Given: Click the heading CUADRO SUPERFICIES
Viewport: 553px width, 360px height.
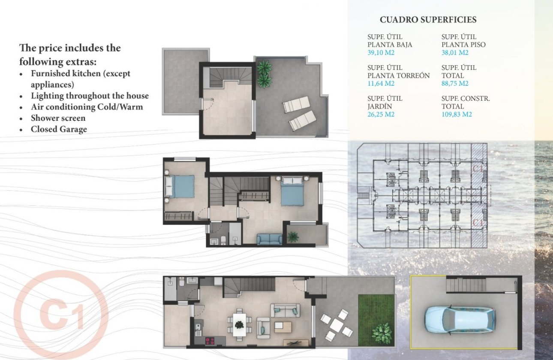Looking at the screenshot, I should pyautogui.click(x=428, y=20).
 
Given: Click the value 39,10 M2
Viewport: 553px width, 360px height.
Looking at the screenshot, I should pyautogui.click(x=381, y=53).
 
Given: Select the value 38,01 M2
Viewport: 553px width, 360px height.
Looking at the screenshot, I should pyautogui.click(x=455, y=53).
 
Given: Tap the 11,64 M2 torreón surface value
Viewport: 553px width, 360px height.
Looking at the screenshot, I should pyautogui.click(x=381, y=84).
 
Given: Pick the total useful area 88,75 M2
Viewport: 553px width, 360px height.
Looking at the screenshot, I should pyautogui.click(x=455, y=84).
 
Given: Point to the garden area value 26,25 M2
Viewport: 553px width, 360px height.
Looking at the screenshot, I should pyautogui.click(x=381, y=114).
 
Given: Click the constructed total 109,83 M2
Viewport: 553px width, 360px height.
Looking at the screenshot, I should pyautogui.click(x=457, y=114).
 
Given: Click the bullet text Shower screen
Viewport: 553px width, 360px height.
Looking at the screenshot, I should pyautogui.click(x=58, y=118).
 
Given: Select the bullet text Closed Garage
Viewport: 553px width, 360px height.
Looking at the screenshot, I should pyautogui.click(x=59, y=129).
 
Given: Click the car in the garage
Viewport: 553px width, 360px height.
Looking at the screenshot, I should pyautogui.click(x=460, y=320).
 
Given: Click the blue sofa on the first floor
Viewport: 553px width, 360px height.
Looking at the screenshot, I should pyautogui.click(x=270, y=239).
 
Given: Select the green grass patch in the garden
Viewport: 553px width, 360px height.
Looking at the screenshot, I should pyautogui.click(x=376, y=319).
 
